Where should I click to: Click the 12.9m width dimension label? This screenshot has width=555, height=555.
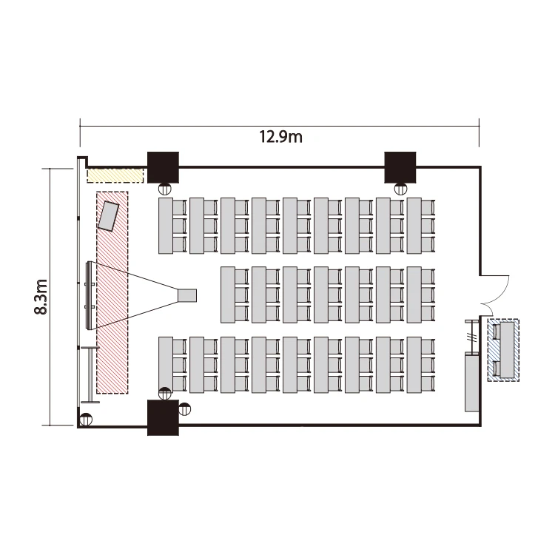coord(281,137)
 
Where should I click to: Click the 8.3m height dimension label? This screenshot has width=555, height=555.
coord(41,297)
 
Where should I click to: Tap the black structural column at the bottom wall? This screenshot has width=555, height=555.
coord(163,417)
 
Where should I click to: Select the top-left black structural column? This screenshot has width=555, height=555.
coord(163,167)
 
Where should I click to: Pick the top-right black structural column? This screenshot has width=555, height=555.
coord(400,167)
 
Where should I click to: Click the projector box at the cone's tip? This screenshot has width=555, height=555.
coord(187,295)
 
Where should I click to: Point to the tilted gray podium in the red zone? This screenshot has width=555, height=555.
coord(108,216)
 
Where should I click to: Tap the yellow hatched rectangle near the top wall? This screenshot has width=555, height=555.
coord(115,175)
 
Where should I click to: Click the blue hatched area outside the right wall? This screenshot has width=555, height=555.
coord(503,350)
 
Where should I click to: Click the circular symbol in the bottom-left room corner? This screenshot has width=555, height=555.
coord(86,419)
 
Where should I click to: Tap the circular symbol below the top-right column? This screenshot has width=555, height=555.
coord(400,189)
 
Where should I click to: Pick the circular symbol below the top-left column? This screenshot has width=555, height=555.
coord(164,189)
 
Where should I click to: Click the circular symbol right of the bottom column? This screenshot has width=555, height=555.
coord(184,409)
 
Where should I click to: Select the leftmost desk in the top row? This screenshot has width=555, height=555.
coord(166,226)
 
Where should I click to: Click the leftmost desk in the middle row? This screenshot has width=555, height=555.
coord(228,295)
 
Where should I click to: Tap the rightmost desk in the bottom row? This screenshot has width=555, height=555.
coord(414,365)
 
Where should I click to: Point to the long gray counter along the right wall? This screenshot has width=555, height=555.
coord(472,382)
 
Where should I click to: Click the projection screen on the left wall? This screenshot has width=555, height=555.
coord(90,295)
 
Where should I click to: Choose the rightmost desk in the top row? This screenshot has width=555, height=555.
coord(414,226)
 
